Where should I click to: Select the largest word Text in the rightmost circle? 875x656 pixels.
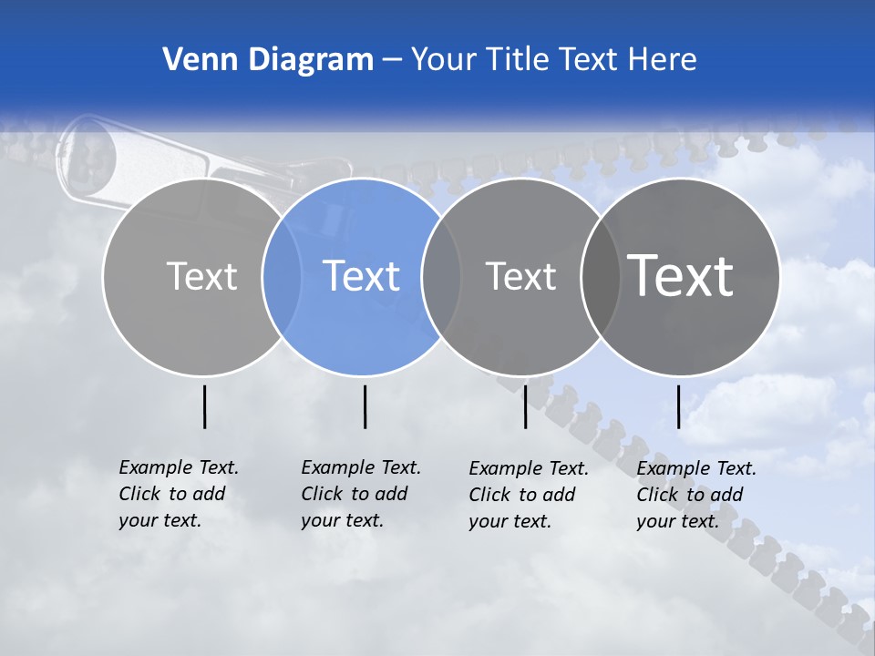coord(681,276)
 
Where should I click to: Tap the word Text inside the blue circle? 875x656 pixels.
coord(361,276)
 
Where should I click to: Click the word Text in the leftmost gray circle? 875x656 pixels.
coord(201,276)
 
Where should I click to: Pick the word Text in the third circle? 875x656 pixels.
coord(520,276)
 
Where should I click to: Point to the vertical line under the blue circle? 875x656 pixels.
coord(365,406)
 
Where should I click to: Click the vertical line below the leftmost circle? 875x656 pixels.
coord(205,406)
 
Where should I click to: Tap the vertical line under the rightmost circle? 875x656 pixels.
coord(678,406)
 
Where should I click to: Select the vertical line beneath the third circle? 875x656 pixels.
coord(526,406)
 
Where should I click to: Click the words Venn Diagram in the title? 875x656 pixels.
coord(268,60)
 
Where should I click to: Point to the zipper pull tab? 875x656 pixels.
coord(87,150)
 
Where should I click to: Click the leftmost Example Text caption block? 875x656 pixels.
coord(178,494)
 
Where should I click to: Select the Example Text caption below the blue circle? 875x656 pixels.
coord(360,494)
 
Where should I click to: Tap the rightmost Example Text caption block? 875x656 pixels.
coord(695,495)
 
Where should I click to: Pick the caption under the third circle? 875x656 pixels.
coord(528,495)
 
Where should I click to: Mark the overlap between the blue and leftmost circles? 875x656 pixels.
coord(282,276)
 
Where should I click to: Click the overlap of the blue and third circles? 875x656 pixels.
coord(441,276)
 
